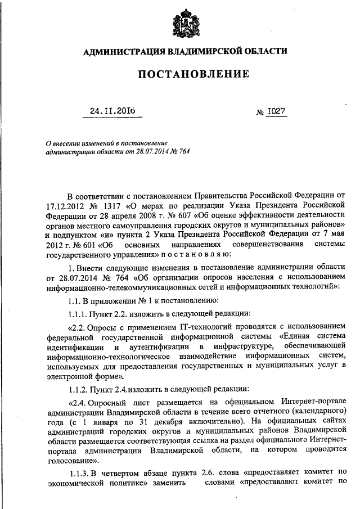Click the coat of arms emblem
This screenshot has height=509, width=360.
pos(185,23)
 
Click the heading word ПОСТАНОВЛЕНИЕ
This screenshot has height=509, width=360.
pos(185,74)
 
